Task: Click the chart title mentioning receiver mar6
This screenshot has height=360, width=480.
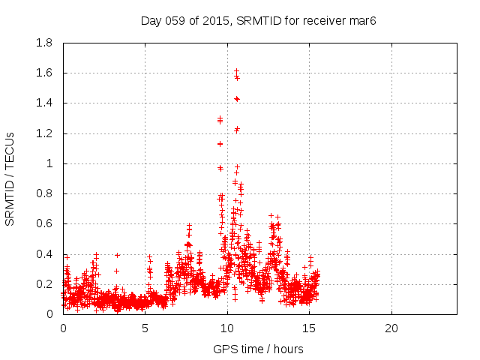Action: pyautogui.click(x=258, y=20)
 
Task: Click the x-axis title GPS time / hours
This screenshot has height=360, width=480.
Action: pyautogui.click(x=258, y=349)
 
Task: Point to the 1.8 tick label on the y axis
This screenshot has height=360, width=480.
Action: pyautogui.click(x=44, y=43)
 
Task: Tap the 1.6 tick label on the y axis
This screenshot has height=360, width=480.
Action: pyautogui.click(x=44, y=73)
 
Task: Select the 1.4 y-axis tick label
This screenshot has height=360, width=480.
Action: pyautogui.click(x=44, y=103)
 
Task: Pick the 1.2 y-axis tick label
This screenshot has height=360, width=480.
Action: pyautogui.click(x=44, y=133)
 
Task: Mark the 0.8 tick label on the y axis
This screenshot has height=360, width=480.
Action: pyautogui.click(x=44, y=193)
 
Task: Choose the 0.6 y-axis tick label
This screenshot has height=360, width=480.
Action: pyautogui.click(x=44, y=223)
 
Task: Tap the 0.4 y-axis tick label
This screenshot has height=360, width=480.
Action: pyautogui.click(x=44, y=254)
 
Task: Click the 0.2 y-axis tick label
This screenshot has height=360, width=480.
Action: pyautogui.click(x=44, y=284)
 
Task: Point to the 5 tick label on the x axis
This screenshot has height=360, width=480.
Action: pyautogui.click(x=145, y=328)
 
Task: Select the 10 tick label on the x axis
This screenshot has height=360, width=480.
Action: pyautogui.click(x=227, y=328)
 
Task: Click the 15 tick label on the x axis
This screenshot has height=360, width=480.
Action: pyautogui.click(x=309, y=328)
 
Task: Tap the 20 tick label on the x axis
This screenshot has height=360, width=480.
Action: pyautogui.click(x=391, y=328)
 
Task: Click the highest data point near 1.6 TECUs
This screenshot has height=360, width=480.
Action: pyautogui.click(x=236, y=71)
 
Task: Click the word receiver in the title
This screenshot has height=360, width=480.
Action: pyautogui.click(x=325, y=20)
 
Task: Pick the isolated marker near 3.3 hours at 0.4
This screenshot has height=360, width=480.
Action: pyautogui.click(x=117, y=255)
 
